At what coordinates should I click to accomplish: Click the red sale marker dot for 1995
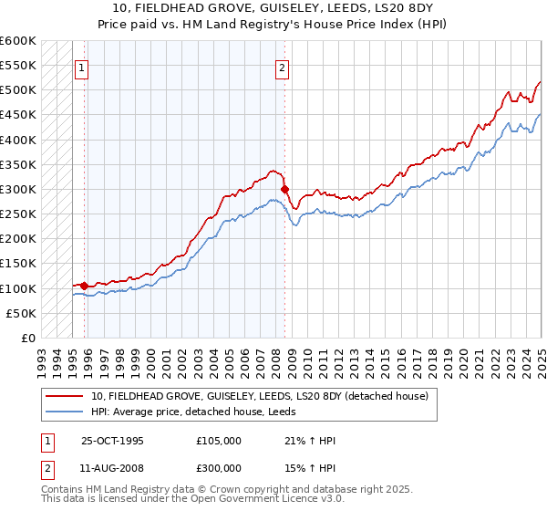85,286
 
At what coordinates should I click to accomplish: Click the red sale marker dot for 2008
285,190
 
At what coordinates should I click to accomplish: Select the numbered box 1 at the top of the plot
82,67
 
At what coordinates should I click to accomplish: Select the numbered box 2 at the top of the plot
282,67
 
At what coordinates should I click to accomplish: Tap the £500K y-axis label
17,90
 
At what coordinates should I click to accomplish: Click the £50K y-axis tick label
20,313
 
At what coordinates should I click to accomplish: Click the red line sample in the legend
66,396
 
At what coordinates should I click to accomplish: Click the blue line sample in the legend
66,412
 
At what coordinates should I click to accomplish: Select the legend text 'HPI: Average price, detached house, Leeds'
201,412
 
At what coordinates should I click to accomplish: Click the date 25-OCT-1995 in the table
112,440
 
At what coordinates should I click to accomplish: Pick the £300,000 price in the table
219,470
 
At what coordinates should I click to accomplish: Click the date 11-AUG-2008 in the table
112,470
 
